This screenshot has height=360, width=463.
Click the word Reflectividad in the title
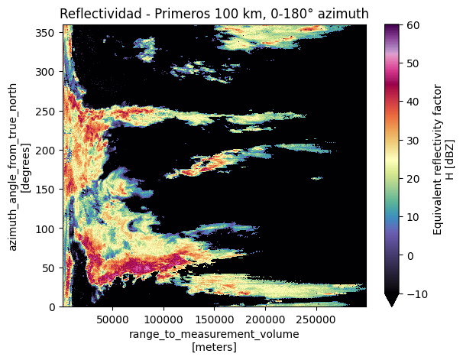coord(96,13)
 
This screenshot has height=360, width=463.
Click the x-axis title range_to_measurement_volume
coord(214,334)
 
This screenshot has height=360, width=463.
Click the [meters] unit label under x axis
coord(214,347)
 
